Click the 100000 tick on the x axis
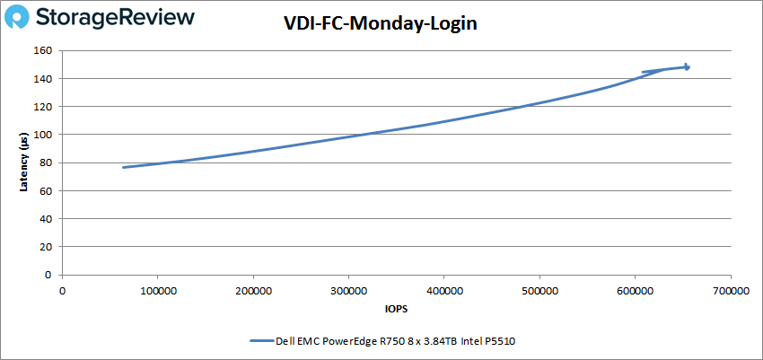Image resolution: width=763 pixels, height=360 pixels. pos(157,291)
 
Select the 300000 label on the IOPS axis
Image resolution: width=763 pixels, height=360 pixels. pos(348,291)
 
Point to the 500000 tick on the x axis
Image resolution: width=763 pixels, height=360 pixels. pos(539,291)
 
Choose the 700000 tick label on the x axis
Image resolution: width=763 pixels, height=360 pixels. pos(731,291)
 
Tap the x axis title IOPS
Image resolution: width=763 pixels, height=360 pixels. pos(396,310)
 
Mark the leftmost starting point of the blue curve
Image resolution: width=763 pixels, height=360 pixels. pos(124,167)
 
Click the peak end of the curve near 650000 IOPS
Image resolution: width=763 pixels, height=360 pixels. pos(687,66)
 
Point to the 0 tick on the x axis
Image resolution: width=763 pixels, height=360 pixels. pos(62,291)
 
